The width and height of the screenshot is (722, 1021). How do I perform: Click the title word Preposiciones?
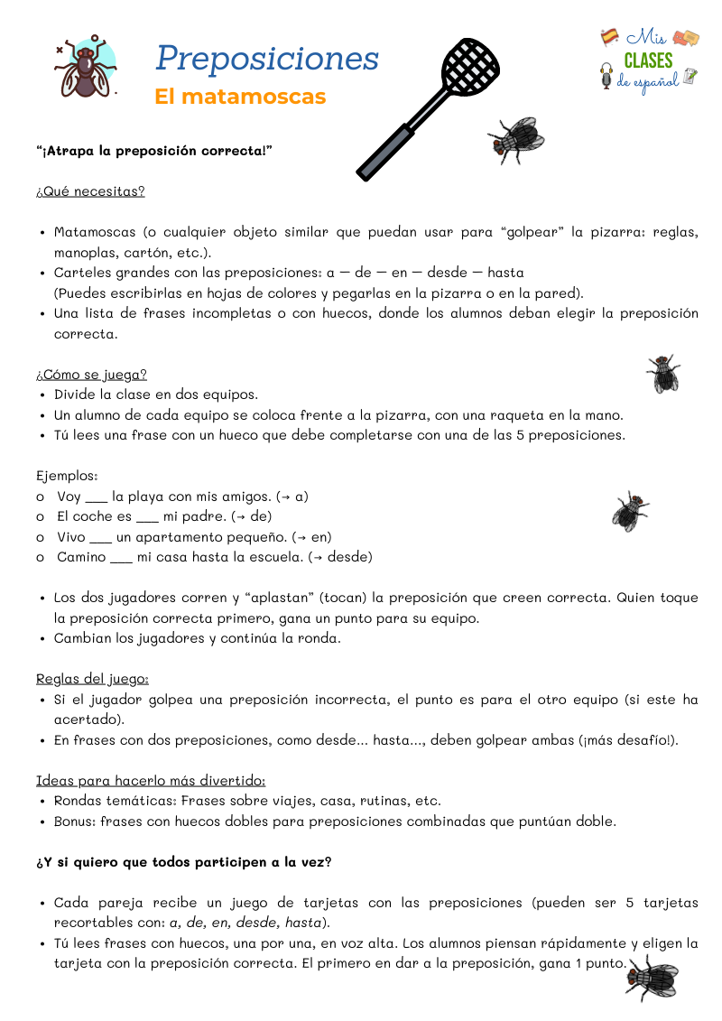coord(266,59)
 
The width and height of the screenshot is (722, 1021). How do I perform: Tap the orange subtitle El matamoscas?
coord(239,97)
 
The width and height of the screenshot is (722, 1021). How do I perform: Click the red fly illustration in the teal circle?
coord(86,68)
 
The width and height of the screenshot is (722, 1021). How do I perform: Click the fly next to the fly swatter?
coord(518,138)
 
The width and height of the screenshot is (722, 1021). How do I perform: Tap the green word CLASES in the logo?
coord(648,60)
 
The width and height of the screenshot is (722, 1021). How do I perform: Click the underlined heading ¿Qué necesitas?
coord(90,191)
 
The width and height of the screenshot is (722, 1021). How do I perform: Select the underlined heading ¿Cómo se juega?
coord(91,374)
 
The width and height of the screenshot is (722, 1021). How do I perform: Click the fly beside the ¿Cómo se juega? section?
coord(663,374)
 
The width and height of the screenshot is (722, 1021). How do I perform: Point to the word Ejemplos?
coord(67,475)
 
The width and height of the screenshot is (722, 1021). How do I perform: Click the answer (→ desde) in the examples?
coord(340,557)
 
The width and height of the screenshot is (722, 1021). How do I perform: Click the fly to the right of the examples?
coord(630,512)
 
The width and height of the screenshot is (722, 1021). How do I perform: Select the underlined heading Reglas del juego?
coord(92,679)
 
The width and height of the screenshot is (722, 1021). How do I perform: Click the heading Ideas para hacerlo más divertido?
coord(151,780)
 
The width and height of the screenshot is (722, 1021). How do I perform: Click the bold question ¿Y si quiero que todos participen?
coord(183,862)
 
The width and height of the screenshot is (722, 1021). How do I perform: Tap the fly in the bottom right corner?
coord(652,977)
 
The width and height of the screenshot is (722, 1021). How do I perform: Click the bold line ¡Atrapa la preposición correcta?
coord(153,151)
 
